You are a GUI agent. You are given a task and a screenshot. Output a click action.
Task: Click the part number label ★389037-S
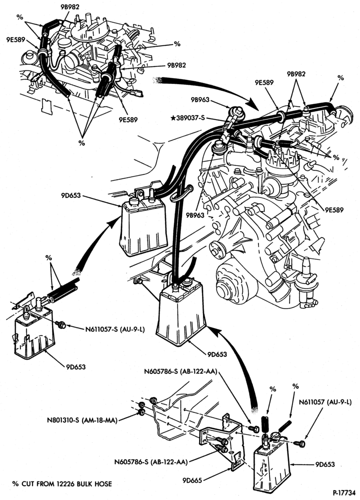(188, 118)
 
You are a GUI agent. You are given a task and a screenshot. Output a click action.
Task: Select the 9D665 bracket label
(192, 480)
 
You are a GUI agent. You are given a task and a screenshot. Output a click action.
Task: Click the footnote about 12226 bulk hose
(62, 483)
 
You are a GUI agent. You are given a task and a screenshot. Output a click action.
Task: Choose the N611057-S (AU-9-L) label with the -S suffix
(115, 329)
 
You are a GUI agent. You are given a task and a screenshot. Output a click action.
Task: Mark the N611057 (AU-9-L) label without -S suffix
(325, 402)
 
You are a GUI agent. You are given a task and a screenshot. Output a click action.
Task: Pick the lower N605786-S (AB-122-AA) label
(151, 461)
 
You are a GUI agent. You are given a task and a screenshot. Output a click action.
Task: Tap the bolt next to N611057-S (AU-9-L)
(60, 324)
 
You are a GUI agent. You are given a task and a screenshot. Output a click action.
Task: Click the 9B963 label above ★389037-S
(200, 100)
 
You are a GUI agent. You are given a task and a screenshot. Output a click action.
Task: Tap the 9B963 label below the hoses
(194, 215)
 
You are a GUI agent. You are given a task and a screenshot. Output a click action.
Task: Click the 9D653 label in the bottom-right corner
(325, 464)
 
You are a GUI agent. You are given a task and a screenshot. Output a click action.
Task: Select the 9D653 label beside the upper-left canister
(71, 195)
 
